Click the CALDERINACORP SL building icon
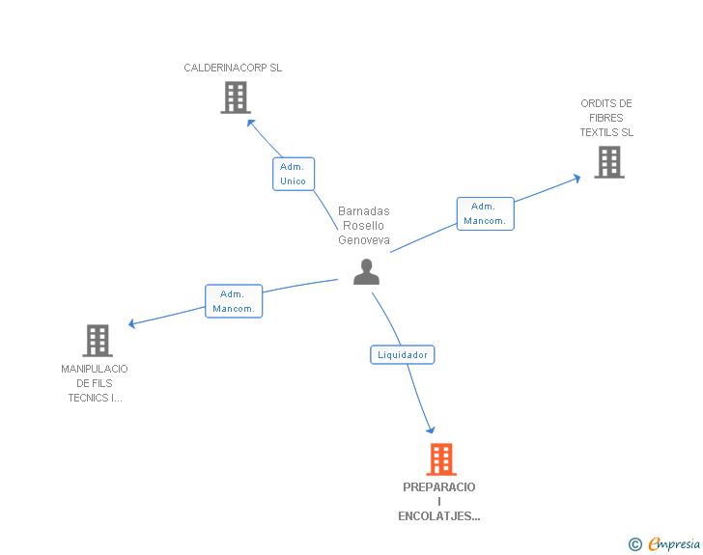(x=236, y=97)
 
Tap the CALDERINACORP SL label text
(x=233, y=69)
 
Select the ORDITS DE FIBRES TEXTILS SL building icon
(x=608, y=162)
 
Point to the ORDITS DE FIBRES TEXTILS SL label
(x=606, y=118)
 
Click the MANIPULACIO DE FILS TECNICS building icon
(x=98, y=340)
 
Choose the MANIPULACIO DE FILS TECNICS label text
(x=95, y=383)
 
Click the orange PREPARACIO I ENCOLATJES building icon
(x=440, y=458)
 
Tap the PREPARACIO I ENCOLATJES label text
(x=439, y=502)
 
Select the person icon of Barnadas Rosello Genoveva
(x=366, y=272)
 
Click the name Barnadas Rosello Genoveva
(x=364, y=226)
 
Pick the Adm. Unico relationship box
(x=293, y=174)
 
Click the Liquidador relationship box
(x=403, y=355)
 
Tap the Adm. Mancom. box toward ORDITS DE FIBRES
(x=485, y=213)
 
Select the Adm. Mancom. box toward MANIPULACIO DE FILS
(x=234, y=301)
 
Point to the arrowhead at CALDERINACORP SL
(x=250, y=122)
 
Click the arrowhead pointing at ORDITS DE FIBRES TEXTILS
(x=576, y=177)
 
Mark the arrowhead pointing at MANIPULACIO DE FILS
(x=132, y=324)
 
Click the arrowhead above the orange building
(x=431, y=430)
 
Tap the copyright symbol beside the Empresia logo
(x=634, y=545)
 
